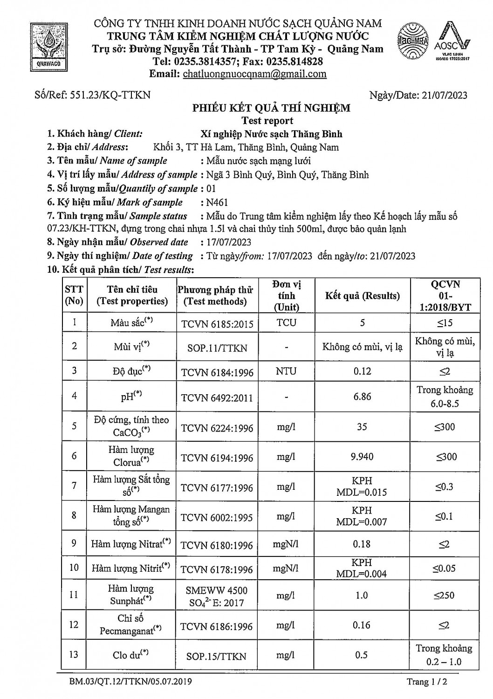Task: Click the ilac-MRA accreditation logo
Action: tap(413, 41)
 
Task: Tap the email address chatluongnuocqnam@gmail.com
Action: tap(254, 74)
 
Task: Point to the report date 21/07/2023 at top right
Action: tap(444, 95)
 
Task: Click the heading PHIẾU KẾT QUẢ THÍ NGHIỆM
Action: tap(272, 108)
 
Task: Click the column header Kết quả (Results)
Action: tap(362, 296)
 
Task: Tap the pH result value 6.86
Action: tap(362, 397)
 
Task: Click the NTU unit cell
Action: tap(286, 371)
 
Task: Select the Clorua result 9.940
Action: tap(362, 457)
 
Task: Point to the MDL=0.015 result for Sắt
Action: tap(362, 493)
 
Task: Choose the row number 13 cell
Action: tap(74, 655)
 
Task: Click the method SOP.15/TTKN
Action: tap(216, 656)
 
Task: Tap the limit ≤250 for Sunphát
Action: tap(445, 596)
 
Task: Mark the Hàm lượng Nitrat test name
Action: tap(131, 544)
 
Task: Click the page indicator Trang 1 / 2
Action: tap(427, 682)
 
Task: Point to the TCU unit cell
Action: tap(286, 322)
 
